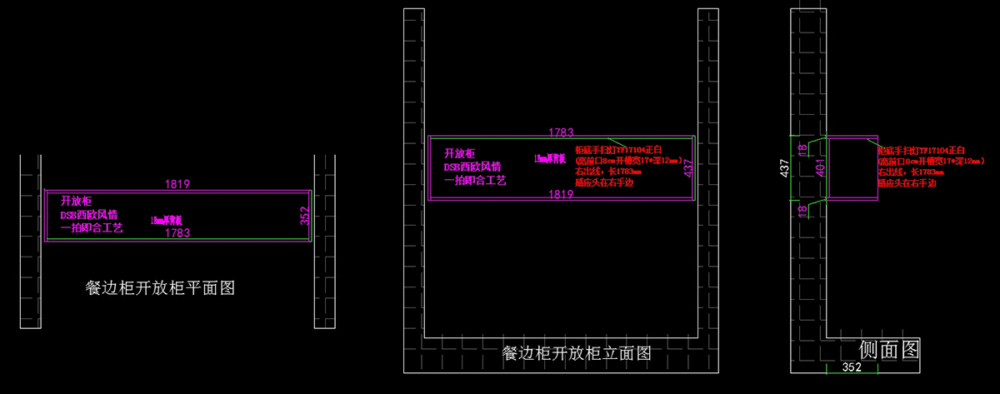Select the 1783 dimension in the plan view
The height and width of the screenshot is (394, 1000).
tap(177, 233)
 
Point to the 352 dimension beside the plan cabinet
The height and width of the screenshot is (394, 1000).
tap(304, 216)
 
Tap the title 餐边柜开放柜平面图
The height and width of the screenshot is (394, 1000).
tap(160, 288)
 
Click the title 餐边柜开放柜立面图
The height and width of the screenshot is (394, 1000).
tap(576, 353)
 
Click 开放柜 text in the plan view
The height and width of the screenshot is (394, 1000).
tap(75, 201)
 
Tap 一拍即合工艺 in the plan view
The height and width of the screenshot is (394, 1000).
tap(92, 227)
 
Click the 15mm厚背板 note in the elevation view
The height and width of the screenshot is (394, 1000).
tap(550, 157)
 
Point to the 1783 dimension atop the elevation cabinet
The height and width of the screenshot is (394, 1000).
tap(561, 132)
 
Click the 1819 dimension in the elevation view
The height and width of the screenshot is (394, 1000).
tap(560, 194)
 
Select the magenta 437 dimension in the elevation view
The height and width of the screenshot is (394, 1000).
tap(688, 168)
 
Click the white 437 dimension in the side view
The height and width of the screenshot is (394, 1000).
tap(784, 168)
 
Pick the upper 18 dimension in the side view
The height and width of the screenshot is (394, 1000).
tap(802, 148)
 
